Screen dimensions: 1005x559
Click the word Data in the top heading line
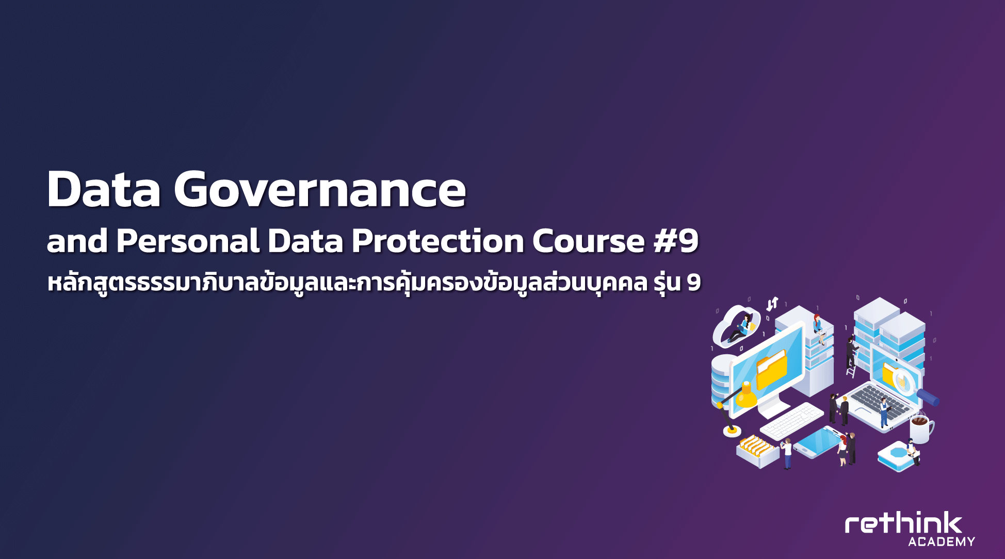[x=104, y=189]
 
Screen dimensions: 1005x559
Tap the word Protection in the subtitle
[x=438, y=241]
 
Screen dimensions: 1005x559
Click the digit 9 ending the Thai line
[x=693, y=283]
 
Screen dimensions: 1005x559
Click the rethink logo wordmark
[x=903, y=524]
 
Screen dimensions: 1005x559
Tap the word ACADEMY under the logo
[x=942, y=542]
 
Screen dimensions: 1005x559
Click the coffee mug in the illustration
[x=921, y=429]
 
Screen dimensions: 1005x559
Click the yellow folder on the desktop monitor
[x=771, y=370]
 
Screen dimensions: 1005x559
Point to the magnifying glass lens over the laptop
[x=904, y=380]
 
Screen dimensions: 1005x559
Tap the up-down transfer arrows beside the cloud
[x=772, y=304]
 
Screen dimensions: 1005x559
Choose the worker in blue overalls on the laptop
[x=884, y=413]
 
